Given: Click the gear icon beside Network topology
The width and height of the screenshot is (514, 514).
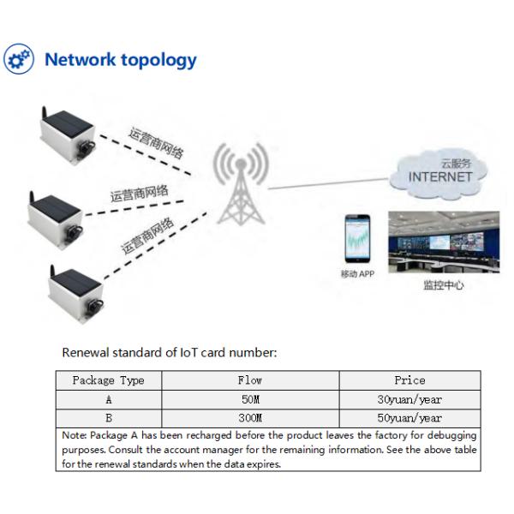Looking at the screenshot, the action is click(19, 59).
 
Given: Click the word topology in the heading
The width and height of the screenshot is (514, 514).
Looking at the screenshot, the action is click(158, 61).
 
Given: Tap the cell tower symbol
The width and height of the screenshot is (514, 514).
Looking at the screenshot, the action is click(241, 183).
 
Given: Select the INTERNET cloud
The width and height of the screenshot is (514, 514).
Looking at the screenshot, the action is click(439, 174).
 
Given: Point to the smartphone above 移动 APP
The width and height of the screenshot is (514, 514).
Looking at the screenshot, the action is click(357, 239).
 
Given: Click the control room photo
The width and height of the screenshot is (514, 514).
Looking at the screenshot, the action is click(444, 242).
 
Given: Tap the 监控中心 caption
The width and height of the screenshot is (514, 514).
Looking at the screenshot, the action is click(444, 285).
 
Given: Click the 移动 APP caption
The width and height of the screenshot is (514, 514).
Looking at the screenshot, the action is click(357, 274).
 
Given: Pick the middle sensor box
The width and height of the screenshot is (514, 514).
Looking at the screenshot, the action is click(56, 219).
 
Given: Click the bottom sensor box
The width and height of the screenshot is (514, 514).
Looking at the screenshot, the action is click(76, 294).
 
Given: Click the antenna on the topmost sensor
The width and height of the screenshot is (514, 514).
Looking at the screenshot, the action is click(44, 113).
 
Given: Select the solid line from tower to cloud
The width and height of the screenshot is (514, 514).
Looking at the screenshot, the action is click(328, 183).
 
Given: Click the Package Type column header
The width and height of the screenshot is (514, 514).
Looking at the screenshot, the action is click(109, 380).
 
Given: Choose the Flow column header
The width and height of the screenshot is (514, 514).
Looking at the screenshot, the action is click(250, 380).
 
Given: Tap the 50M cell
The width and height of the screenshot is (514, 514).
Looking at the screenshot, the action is click(250, 399).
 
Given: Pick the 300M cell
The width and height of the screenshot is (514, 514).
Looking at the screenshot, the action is click(250, 418).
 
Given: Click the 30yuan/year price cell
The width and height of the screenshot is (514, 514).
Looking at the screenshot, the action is click(409, 399).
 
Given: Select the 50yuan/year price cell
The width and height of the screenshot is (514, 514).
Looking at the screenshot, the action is click(409, 418).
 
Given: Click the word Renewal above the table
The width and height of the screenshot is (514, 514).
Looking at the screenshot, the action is click(86, 353).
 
